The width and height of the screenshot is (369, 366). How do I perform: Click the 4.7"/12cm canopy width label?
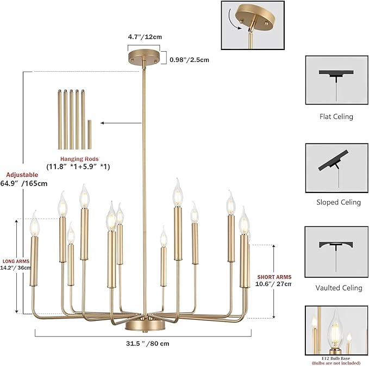(145, 37)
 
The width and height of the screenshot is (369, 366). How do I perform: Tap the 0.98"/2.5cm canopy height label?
(189, 60)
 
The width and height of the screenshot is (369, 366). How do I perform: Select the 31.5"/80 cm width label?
(148, 344)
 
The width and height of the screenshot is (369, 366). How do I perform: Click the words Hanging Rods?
(79, 159)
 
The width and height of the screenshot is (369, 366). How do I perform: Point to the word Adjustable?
(22, 175)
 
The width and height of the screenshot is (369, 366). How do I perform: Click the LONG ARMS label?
(16, 261)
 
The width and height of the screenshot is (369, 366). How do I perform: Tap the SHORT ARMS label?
(274, 277)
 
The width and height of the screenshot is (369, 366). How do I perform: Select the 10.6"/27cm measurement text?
(273, 284)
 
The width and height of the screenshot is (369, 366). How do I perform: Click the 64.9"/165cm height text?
(24, 183)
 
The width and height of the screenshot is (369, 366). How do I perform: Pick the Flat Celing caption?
(336, 116)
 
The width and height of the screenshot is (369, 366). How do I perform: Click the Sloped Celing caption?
(339, 202)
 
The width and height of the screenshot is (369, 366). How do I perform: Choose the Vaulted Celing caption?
(339, 288)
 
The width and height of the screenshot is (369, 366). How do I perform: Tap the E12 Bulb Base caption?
(336, 358)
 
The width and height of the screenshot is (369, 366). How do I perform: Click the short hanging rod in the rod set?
(90, 134)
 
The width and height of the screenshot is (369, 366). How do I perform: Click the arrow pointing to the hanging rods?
(121, 123)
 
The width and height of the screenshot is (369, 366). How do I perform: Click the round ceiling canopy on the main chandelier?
(144, 57)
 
